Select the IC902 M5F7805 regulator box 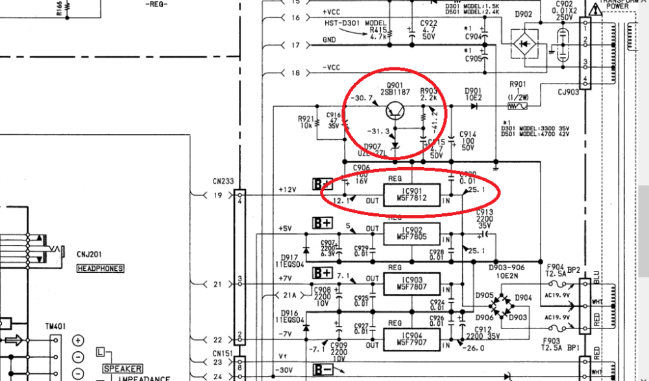click(x=411, y=234)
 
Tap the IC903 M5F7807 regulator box click(x=411, y=283)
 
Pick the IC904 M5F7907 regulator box click(x=411, y=337)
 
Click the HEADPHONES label click(x=101, y=268)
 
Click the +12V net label click(x=287, y=189)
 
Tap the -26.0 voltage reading click(x=476, y=348)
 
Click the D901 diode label click(x=473, y=91)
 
